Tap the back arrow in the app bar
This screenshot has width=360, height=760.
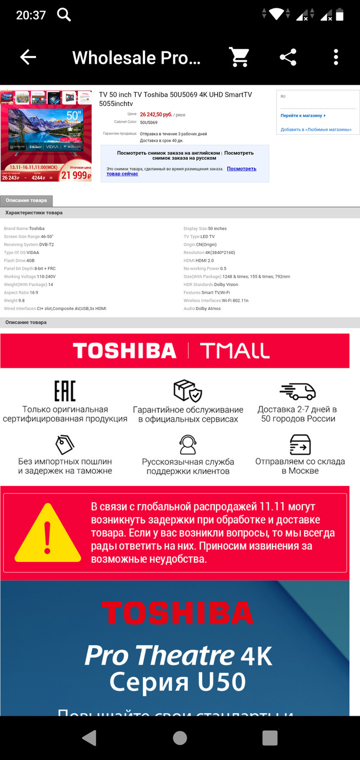tap(28, 57)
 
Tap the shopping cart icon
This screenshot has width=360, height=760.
tap(239, 57)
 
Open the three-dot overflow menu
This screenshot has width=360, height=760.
tap(336, 57)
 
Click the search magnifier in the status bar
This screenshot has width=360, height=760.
tap(64, 14)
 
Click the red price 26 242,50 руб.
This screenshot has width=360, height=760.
tap(156, 115)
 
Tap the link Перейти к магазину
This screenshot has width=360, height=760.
tap(303, 116)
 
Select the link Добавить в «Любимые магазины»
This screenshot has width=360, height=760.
tap(316, 130)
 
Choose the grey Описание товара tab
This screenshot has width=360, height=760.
tap(26, 201)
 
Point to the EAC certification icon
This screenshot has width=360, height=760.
tap(65, 391)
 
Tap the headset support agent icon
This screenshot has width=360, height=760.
tap(188, 444)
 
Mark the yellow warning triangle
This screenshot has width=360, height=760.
tap(47, 533)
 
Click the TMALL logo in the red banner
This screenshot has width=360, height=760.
tap(235, 351)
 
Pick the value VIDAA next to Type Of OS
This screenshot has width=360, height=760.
tap(33, 252)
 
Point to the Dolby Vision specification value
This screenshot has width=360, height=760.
tap(226, 284)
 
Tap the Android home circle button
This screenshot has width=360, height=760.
tap(180, 738)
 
